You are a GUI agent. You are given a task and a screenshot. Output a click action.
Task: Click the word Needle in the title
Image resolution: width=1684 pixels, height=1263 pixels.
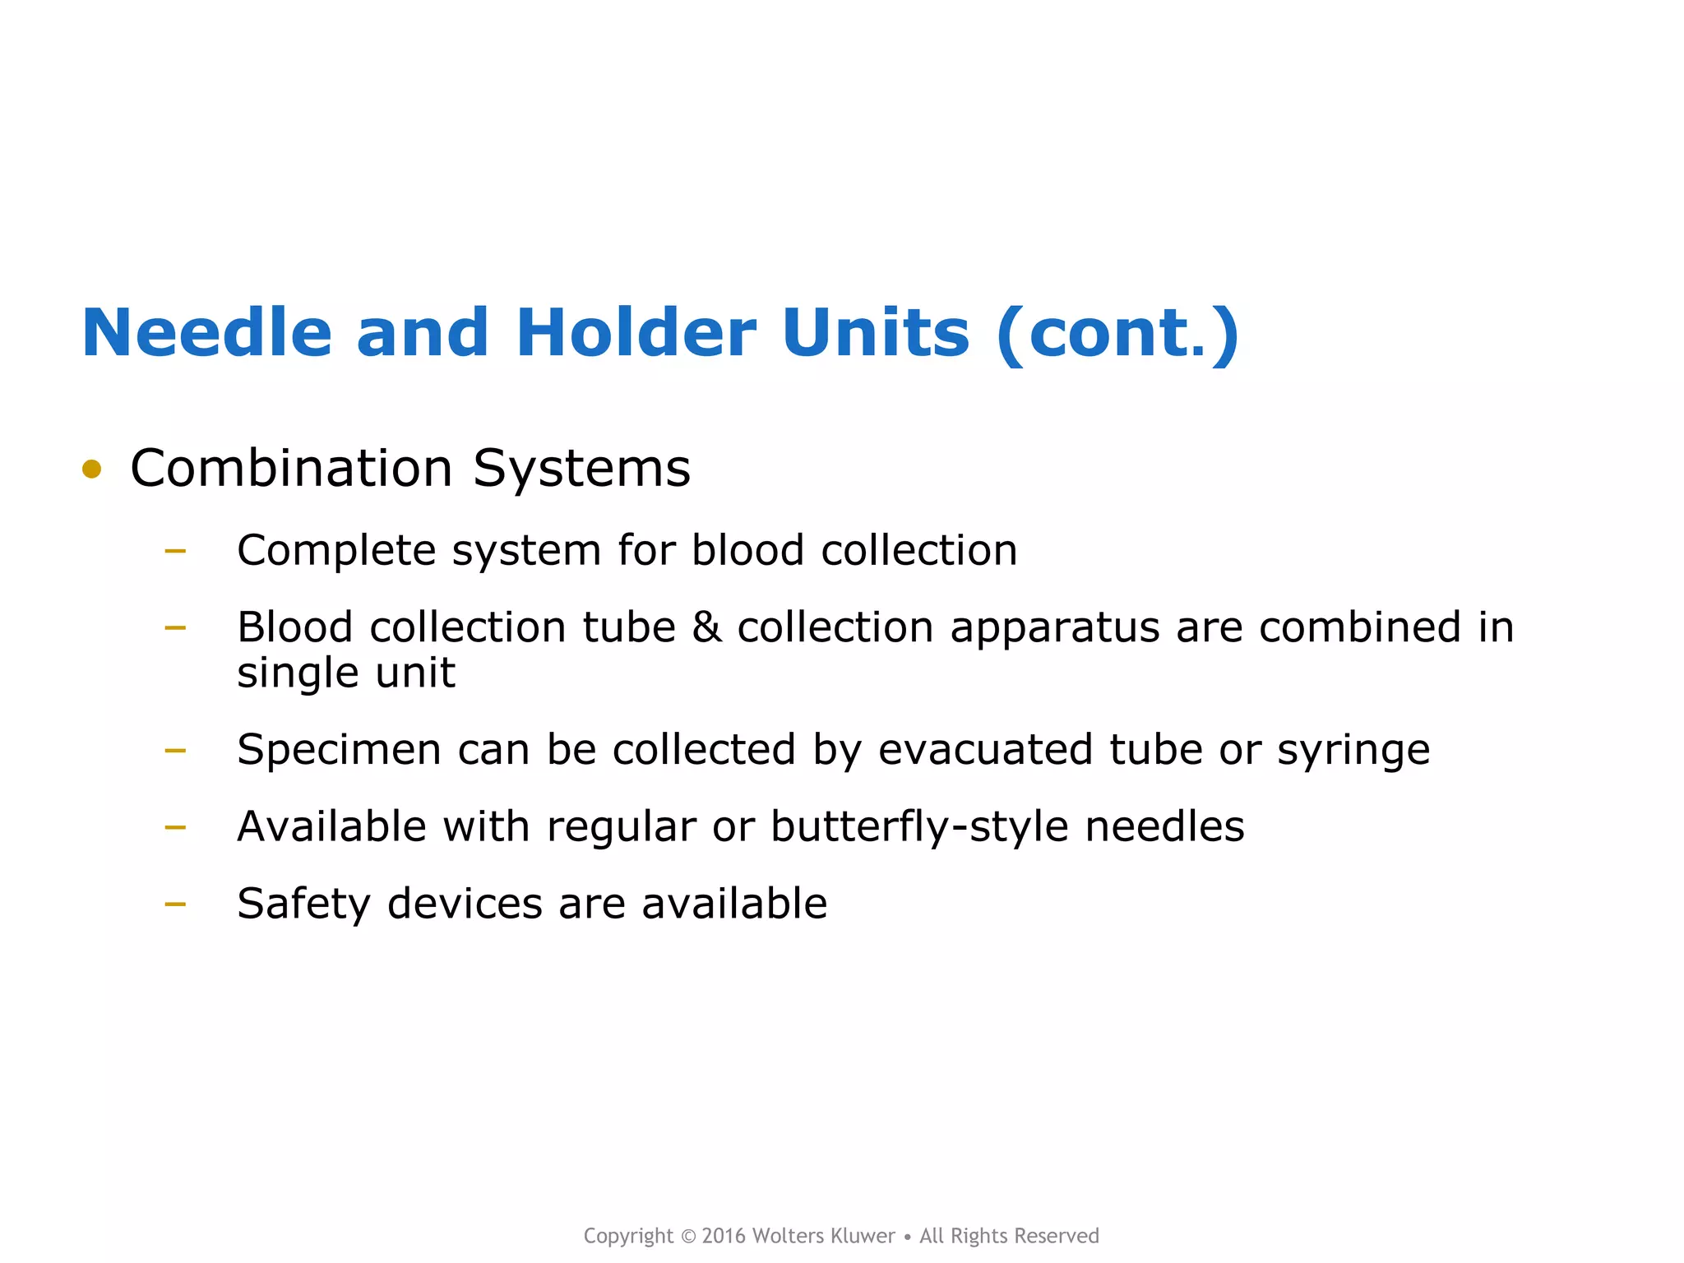[x=206, y=333]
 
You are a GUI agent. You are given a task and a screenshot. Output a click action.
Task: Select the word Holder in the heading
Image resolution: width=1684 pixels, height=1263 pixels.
[x=635, y=333]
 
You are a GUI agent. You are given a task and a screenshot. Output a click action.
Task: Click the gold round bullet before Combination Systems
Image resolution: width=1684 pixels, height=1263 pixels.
[x=91, y=470]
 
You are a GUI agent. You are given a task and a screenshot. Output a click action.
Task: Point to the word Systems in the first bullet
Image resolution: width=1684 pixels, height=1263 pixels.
[x=581, y=469]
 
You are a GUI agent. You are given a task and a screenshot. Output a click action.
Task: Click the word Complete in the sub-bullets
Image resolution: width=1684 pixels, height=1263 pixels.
[x=336, y=551]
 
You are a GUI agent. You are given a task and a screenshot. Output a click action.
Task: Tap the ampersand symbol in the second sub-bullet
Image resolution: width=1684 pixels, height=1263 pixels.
[x=706, y=627]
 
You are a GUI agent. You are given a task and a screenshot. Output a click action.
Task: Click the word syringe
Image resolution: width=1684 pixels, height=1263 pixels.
[x=1353, y=751]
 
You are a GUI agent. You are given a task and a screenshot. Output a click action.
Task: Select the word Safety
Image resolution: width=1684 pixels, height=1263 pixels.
[x=303, y=904]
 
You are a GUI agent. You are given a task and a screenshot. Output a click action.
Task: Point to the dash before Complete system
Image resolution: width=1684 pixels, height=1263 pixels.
[x=175, y=551]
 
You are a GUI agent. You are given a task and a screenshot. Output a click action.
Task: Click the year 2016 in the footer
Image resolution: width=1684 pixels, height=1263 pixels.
[x=724, y=1236]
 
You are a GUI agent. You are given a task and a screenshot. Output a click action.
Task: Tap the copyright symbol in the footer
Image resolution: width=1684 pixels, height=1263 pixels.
[x=688, y=1236]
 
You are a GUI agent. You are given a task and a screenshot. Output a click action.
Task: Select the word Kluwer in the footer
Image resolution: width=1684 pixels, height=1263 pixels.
[x=863, y=1236]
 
